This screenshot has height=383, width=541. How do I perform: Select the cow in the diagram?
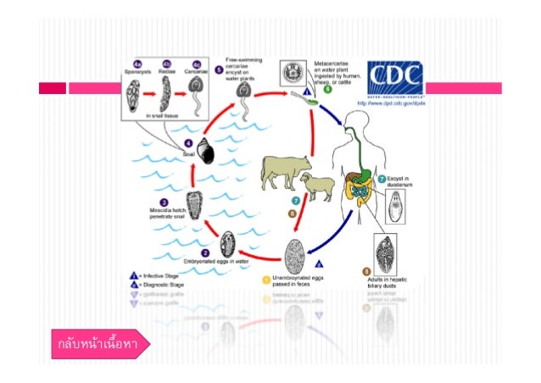click(x=281, y=173)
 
